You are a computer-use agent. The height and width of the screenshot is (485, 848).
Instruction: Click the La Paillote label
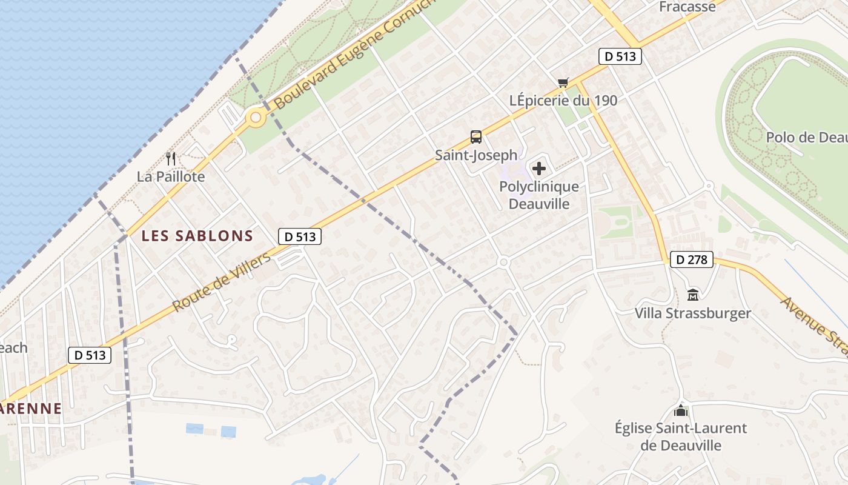click(x=171, y=177)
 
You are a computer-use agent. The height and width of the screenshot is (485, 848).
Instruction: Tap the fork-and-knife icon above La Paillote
click(x=171, y=159)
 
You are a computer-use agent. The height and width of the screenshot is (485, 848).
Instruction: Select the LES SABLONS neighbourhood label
click(x=197, y=236)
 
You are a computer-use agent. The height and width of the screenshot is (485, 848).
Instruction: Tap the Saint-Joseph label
click(x=477, y=155)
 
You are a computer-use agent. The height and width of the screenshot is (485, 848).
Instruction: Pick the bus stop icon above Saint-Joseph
click(x=476, y=137)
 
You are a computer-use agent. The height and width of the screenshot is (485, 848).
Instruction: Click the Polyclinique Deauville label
click(x=539, y=195)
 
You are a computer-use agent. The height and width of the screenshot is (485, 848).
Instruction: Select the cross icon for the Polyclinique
click(x=539, y=169)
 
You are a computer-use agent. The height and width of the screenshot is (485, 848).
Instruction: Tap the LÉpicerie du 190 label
click(x=563, y=101)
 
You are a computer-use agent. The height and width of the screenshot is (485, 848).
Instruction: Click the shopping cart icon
click(x=563, y=83)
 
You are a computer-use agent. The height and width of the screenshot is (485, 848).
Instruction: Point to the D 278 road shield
click(x=692, y=260)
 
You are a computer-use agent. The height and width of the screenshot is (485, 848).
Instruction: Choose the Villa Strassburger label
click(x=692, y=313)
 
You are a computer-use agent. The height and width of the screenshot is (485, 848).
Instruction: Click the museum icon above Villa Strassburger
click(x=693, y=295)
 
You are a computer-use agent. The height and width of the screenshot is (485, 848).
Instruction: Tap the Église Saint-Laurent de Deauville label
click(x=681, y=436)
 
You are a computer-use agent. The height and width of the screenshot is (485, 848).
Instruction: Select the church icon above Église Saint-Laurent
click(x=681, y=410)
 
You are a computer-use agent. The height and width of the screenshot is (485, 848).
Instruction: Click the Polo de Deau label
click(x=806, y=138)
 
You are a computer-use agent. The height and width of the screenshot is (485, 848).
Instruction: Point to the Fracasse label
click(x=687, y=7)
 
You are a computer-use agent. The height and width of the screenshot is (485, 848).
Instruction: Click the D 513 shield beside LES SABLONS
click(x=300, y=237)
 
